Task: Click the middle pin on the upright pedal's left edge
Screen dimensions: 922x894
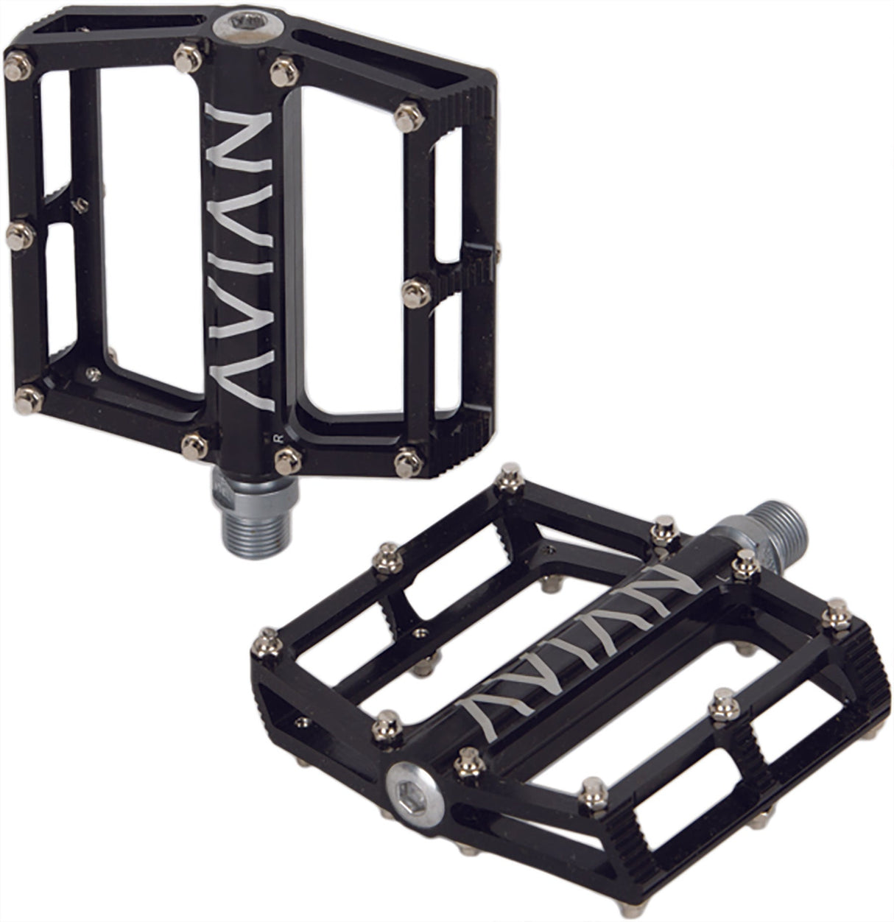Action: coord(18,234)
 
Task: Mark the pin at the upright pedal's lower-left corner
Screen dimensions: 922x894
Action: coord(30,398)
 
